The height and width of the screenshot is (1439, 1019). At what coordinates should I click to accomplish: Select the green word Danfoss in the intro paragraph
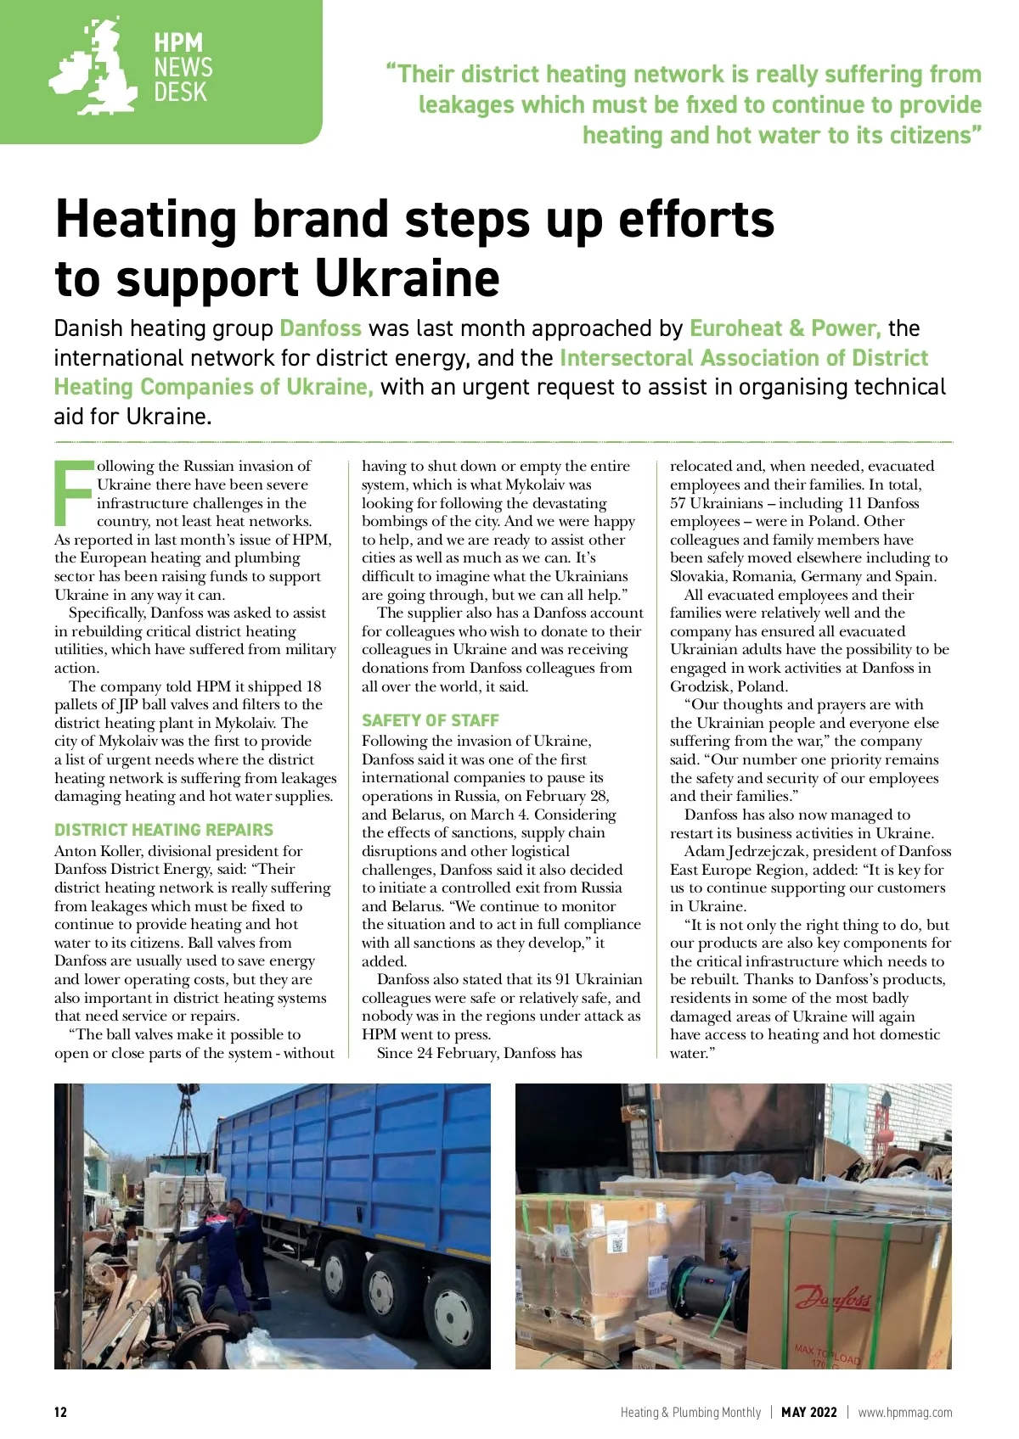[x=320, y=328]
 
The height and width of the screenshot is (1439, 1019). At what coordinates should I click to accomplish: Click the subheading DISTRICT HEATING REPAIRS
[x=164, y=830]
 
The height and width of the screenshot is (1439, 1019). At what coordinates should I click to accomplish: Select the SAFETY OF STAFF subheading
[x=430, y=720]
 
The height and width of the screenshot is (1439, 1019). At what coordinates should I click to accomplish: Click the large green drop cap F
[x=73, y=492]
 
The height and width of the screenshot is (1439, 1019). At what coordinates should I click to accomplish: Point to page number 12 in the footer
[x=60, y=1412]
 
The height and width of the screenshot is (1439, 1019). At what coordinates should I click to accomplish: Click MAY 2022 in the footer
[x=808, y=1412]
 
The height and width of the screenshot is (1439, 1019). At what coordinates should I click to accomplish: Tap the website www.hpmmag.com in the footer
[x=904, y=1412]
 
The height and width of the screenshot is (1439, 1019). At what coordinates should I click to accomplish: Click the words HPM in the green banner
[x=178, y=42]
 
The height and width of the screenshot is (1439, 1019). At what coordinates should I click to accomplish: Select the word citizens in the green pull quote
[x=929, y=135]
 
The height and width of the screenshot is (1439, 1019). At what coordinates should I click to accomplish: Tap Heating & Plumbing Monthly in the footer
[x=690, y=1412]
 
